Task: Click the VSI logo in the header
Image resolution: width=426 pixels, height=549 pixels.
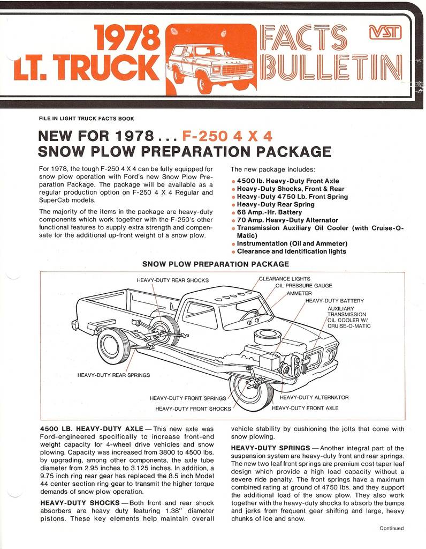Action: (x=385, y=34)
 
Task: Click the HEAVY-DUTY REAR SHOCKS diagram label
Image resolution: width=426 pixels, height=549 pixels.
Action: (x=173, y=280)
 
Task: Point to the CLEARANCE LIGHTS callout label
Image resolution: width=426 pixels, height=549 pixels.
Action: (x=284, y=279)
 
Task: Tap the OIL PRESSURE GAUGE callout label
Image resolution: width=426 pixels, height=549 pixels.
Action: (x=303, y=286)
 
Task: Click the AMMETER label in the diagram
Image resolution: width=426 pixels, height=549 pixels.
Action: (x=299, y=293)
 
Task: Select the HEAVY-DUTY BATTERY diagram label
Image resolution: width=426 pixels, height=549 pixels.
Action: (x=334, y=301)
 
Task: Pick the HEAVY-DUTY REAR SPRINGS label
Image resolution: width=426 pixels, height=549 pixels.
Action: (x=113, y=375)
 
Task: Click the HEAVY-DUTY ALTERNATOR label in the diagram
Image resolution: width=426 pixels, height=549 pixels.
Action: (x=314, y=397)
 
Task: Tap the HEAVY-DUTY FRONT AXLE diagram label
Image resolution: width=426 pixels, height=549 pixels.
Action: (x=305, y=408)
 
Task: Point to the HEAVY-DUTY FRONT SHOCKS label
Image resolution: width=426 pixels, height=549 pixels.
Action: (x=193, y=409)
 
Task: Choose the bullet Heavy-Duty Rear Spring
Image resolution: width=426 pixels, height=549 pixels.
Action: (x=276, y=204)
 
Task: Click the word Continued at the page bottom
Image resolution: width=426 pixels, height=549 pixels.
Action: (x=392, y=528)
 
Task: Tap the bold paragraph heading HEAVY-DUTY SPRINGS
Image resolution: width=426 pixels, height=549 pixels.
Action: (x=270, y=448)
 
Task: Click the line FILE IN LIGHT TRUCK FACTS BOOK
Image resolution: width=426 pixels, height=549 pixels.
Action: (x=87, y=118)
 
